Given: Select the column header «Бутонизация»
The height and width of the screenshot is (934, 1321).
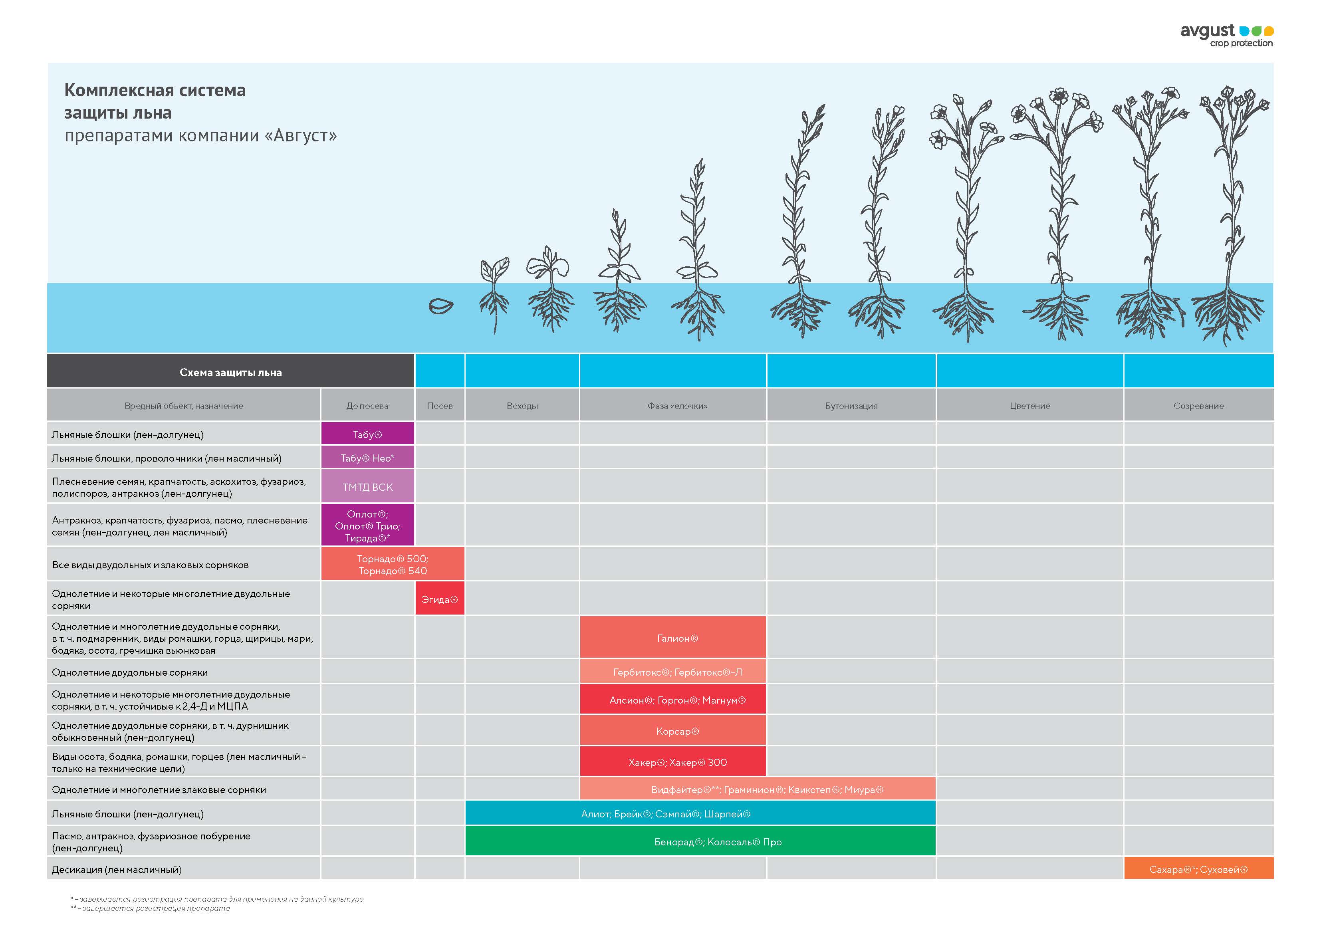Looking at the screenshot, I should coord(851,406).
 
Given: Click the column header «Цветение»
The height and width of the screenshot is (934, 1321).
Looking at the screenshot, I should coord(1029,406).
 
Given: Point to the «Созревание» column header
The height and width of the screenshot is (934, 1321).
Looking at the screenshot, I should coord(1198,406).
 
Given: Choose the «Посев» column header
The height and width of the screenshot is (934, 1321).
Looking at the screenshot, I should coord(440,406).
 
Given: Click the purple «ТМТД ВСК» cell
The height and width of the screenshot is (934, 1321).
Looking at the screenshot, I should coord(368,487).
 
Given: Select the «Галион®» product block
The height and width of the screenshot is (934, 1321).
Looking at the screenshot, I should coord(672,638).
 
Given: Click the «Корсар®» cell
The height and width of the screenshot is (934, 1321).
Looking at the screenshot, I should coord(672,731).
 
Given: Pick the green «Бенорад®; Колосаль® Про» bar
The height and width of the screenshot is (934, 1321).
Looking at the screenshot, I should coord(700,841).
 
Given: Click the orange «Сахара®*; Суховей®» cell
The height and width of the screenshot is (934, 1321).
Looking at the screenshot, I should coord(1198,869).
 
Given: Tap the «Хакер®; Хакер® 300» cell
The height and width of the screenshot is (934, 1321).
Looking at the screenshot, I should coord(672,762).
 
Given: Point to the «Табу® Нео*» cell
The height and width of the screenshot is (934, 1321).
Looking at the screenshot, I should coord(368,458).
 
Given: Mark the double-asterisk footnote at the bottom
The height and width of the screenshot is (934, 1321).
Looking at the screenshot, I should coord(150,908).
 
